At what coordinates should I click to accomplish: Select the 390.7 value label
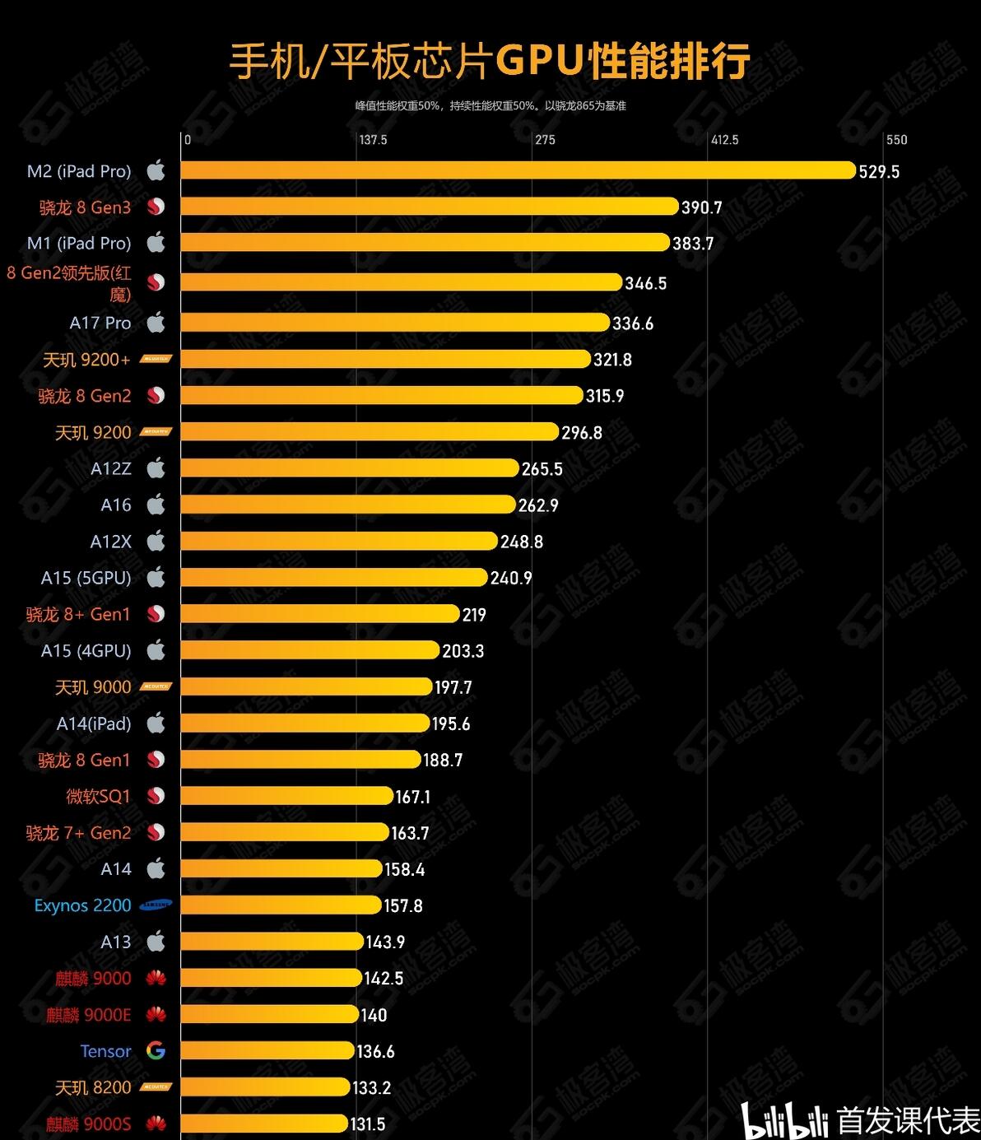coord(701,207)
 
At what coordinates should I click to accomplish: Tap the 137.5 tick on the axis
coord(373,140)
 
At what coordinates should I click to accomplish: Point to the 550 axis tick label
coord(896,140)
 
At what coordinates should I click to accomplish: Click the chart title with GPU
coord(490,62)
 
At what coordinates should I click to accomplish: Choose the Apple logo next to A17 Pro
coord(156,323)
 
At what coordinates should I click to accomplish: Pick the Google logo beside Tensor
coord(156,1050)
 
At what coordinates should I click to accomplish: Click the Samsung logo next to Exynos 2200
coord(156,905)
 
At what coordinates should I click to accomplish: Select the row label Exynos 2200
coord(82,905)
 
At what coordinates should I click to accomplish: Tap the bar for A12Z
coord(350,468)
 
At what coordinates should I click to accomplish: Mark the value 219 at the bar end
coord(474,615)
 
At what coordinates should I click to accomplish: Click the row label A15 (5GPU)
coord(86,578)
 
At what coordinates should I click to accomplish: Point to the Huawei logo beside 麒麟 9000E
coord(156,1015)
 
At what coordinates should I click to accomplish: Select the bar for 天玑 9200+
coord(385,359)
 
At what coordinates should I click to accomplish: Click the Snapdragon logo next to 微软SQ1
coord(156,796)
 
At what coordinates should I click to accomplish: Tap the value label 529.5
coord(879,171)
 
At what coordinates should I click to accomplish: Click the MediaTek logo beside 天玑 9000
coord(156,686)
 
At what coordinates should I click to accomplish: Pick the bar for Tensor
coord(267,1050)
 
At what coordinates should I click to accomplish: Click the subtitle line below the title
coord(490,106)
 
